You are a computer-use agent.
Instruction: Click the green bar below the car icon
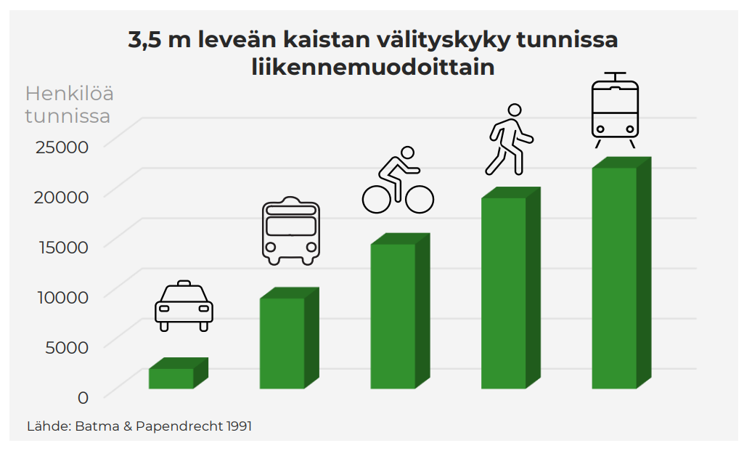pyautogui.click(x=172, y=378)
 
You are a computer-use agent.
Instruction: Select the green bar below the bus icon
pyautogui.click(x=282, y=343)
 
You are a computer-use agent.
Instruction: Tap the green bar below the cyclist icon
pyautogui.click(x=393, y=316)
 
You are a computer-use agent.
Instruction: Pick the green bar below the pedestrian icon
pyautogui.click(x=504, y=293)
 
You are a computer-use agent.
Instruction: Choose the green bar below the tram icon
pyautogui.click(x=615, y=278)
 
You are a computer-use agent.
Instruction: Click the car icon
pyautogui.click(x=184, y=305)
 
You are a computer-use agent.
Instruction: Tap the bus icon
pyautogui.click(x=290, y=230)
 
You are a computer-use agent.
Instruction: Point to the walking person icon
pyautogui.click(x=509, y=139)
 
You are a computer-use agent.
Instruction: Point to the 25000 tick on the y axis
pyautogui.click(x=62, y=147)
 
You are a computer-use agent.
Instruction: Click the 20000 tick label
pyautogui.click(x=62, y=197)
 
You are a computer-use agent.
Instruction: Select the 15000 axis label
pyautogui.click(x=62, y=247)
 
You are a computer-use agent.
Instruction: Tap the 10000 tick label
pyautogui.click(x=62, y=297)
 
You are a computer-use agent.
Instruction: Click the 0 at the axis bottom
pyautogui.click(x=83, y=397)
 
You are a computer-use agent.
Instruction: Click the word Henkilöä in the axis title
pyautogui.click(x=69, y=94)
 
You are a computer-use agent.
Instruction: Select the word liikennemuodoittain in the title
pyautogui.click(x=373, y=68)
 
